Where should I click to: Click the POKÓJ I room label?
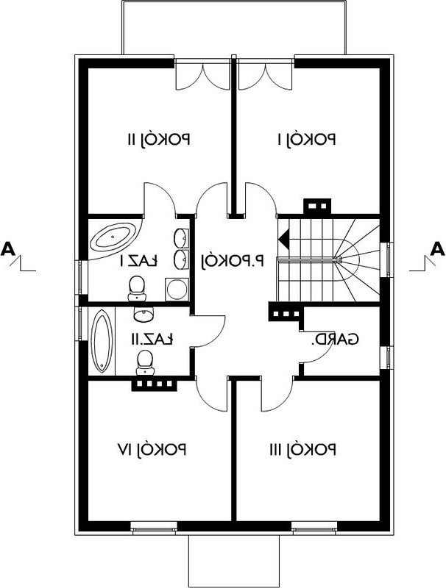click(306, 140)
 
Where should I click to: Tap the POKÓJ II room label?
click(157, 140)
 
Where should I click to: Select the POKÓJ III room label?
click(302, 449)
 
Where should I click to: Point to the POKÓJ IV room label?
click(152, 449)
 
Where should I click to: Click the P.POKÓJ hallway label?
click(233, 261)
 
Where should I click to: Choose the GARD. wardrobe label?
click(334, 339)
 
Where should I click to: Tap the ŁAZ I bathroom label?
click(139, 261)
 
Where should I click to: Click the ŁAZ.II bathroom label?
click(152, 339)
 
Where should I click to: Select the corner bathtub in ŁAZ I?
click(116, 239)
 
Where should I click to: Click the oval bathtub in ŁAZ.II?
click(101, 341)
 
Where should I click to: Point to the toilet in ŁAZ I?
click(136, 288)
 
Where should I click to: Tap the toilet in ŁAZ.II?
click(145, 362)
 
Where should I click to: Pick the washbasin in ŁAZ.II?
click(144, 315)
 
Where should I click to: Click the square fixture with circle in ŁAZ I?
click(177, 289)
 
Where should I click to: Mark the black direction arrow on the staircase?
click(283, 237)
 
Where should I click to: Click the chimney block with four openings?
click(154, 384)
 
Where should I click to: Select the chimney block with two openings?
click(317, 206)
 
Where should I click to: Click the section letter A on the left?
click(8, 249)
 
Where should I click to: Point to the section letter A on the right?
click(437, 249)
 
